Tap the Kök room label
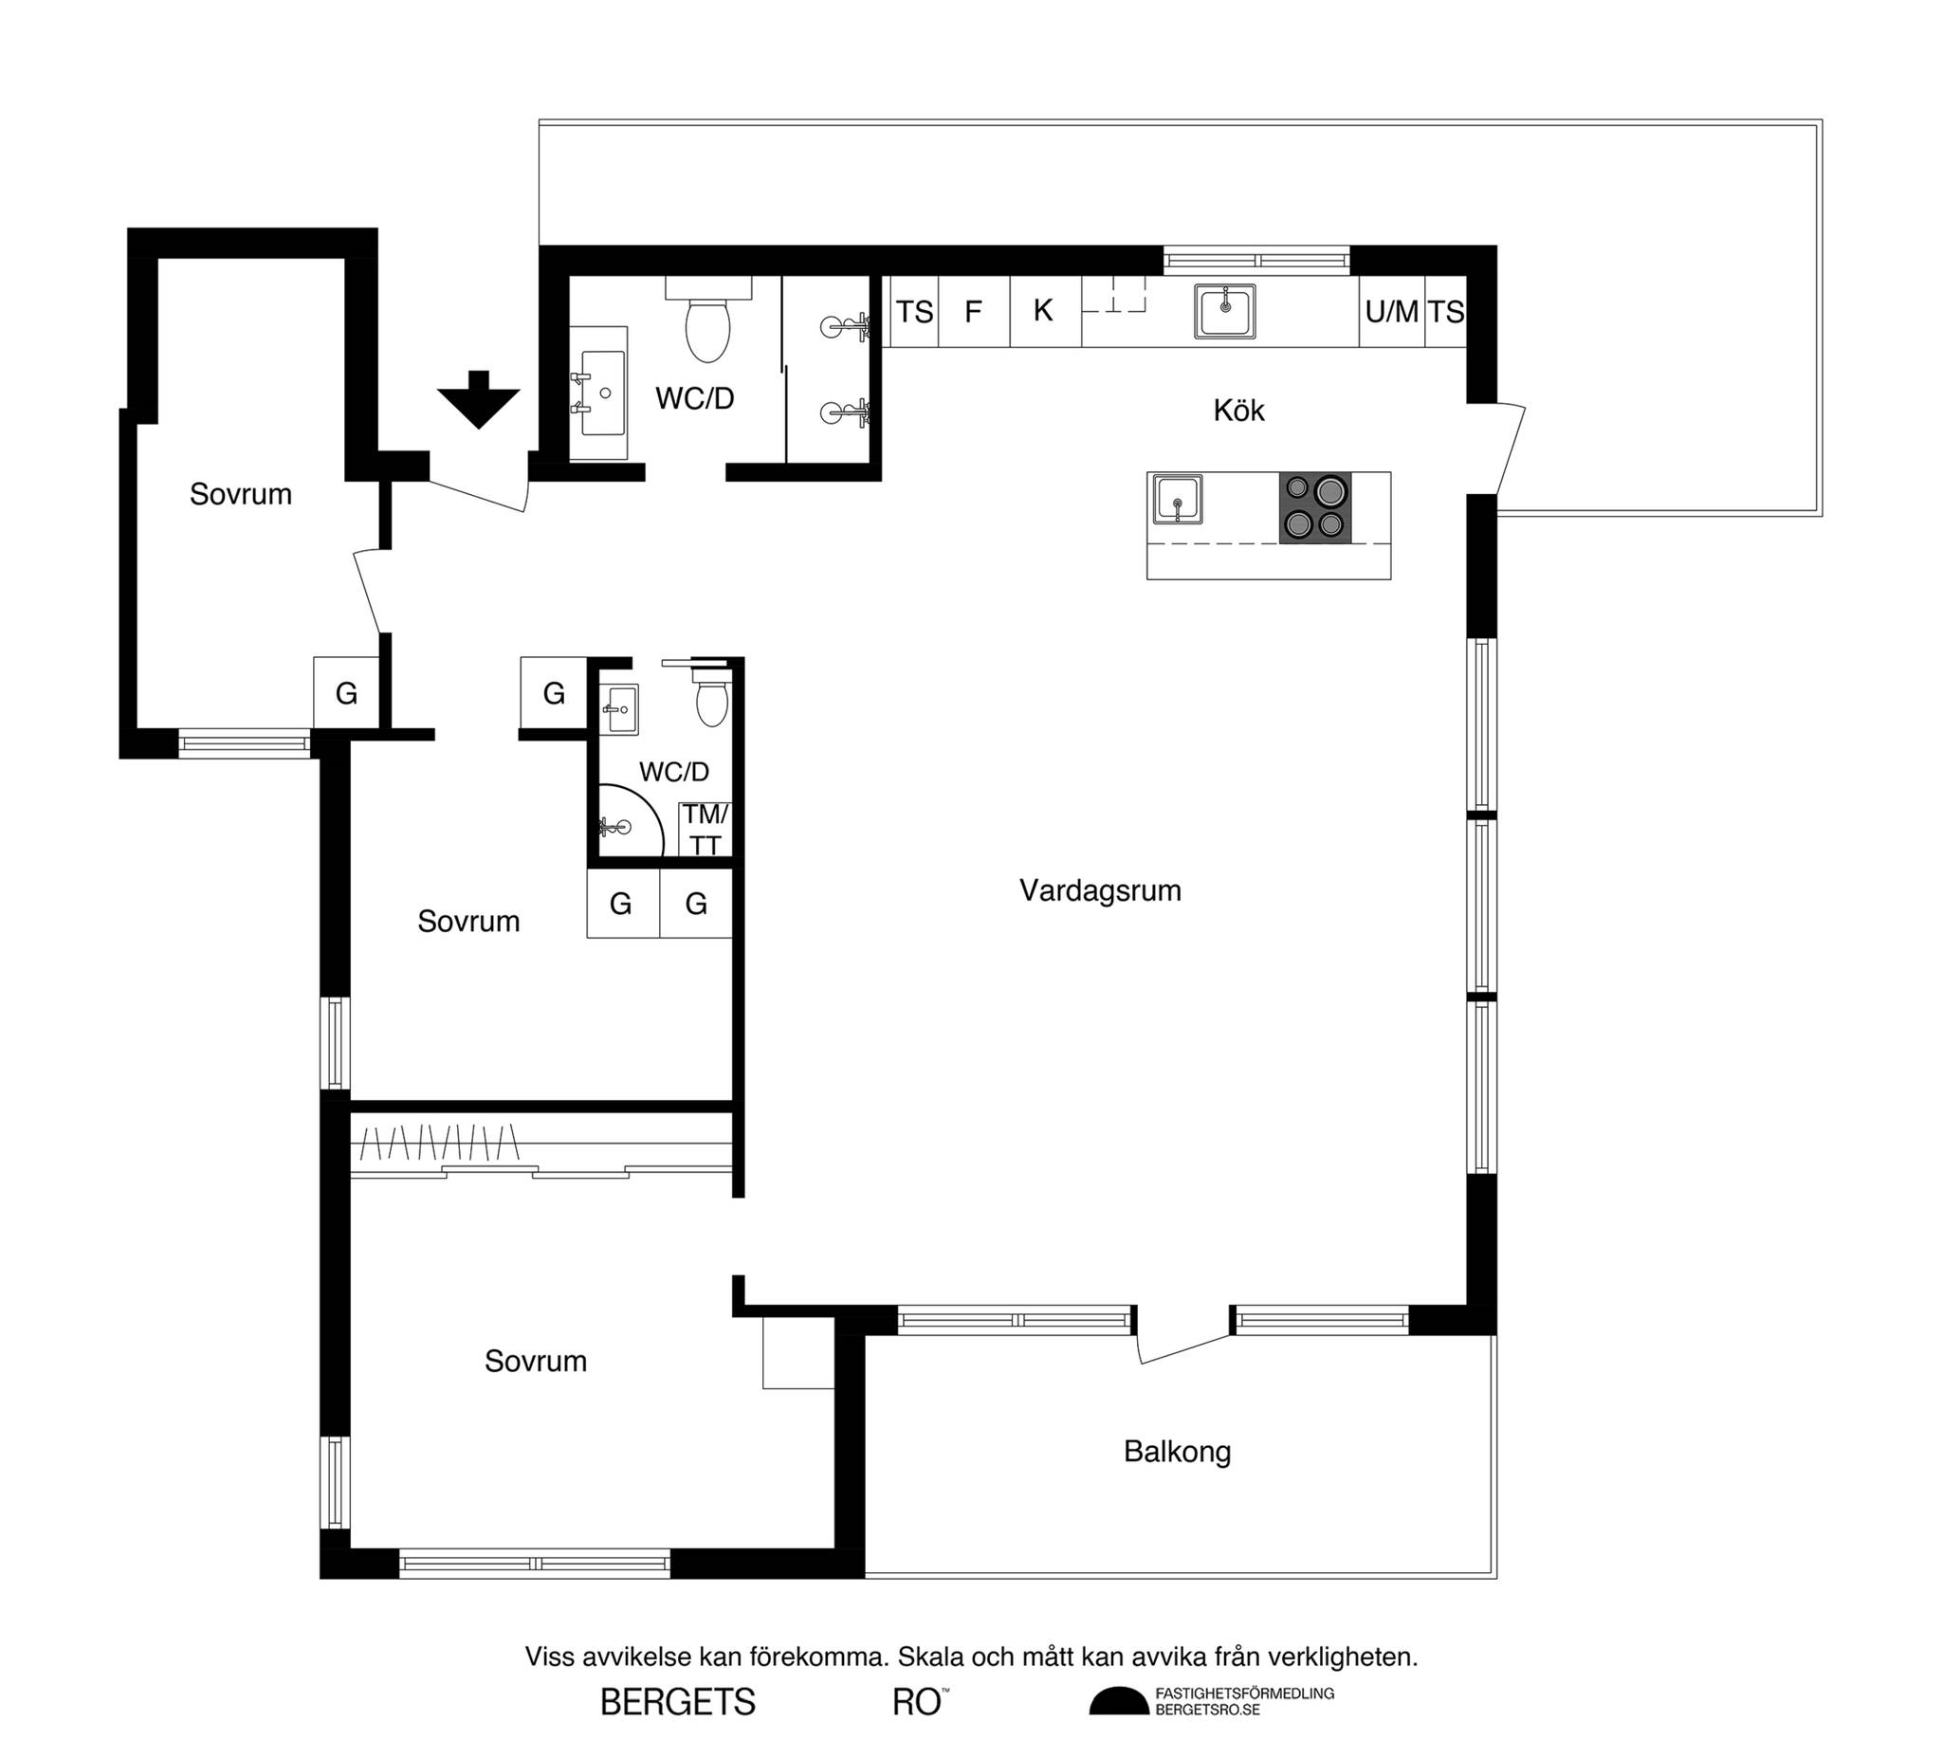click(1238, 411)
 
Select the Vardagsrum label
click(1100, 890)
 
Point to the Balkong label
click(1177, 1451)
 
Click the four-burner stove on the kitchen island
click(1315, 506)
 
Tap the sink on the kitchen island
click(1177, 499)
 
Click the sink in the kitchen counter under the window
click(1225, 311)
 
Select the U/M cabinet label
click(1392, 312)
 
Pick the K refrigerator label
click(1043, 310)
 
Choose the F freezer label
click(973, 311)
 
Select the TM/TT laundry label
click(706, 830)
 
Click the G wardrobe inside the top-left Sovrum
click(346, 692)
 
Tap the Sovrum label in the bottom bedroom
click(536, 1361)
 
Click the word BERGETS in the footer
click(678, 1703)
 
